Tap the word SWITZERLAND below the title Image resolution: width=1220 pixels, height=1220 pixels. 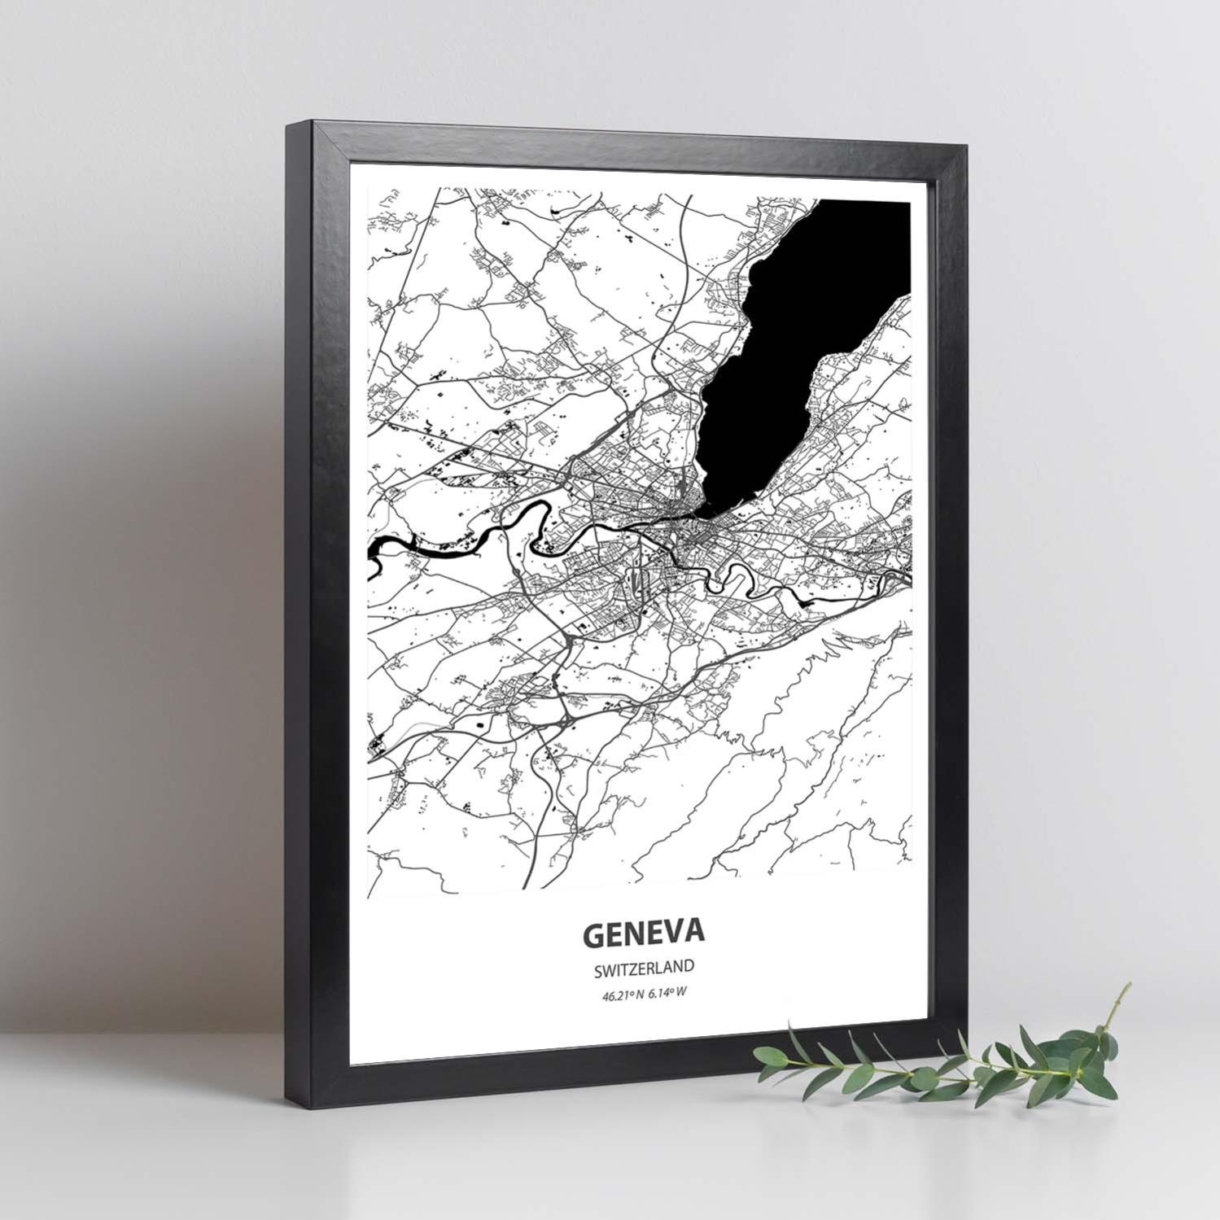click(x=643, y=968)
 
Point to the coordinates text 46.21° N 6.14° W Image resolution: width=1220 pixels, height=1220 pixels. click(x=643, y=992)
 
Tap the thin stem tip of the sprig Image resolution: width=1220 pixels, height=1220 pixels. click(x=1128, y=986)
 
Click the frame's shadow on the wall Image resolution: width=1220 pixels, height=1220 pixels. click(x=163, y=570)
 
